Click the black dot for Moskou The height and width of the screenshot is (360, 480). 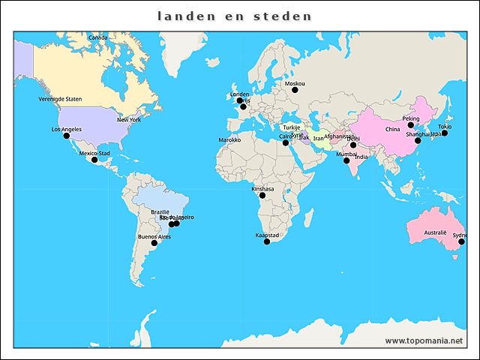(295, 90)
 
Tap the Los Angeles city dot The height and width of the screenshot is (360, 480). (67, 136)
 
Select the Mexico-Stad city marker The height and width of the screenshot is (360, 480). (94, 160)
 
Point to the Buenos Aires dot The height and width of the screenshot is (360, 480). (154, 243)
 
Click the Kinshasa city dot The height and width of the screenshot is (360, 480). (262, 196)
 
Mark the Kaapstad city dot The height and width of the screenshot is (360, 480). (267, 241)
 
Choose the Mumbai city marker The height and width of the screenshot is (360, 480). (346, 160)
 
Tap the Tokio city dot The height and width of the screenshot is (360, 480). (445, 133)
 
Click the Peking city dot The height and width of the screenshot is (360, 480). (411, 125)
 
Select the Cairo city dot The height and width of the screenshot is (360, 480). (285, 142)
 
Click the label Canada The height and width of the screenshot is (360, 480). (97, 37)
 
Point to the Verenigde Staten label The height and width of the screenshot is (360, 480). (60, 99)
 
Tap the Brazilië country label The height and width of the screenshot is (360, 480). (160, 212)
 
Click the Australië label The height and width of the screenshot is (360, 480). (435, 233)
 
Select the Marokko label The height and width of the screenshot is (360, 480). (229, 139)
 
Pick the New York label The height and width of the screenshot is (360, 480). (129, 119)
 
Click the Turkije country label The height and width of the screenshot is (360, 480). (292, 127)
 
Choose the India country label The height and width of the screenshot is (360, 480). (361, 157)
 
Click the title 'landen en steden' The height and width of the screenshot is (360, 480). (235, 15)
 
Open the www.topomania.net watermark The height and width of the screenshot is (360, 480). (424, 340)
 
